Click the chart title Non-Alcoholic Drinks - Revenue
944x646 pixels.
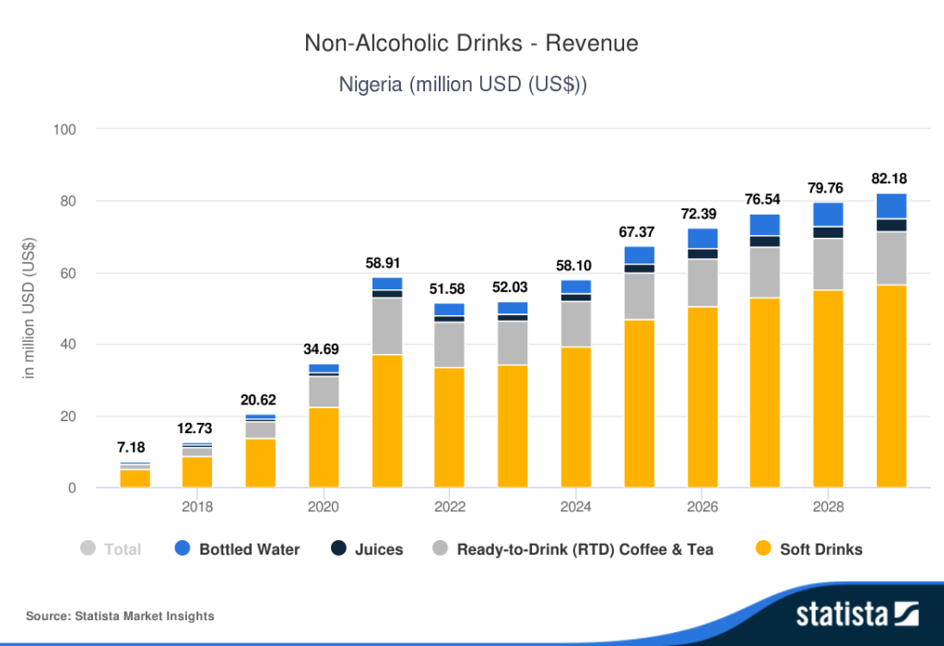471,43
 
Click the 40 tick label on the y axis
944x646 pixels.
67,345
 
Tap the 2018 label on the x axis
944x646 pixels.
197,507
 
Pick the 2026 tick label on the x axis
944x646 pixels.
702,507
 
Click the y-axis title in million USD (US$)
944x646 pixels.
29,309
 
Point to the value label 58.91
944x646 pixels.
387,263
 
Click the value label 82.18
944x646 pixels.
891,178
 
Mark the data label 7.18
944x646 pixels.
135,448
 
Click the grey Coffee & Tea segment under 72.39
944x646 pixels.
702,283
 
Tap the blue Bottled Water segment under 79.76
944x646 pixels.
829,214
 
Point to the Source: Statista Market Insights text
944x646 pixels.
120,616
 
